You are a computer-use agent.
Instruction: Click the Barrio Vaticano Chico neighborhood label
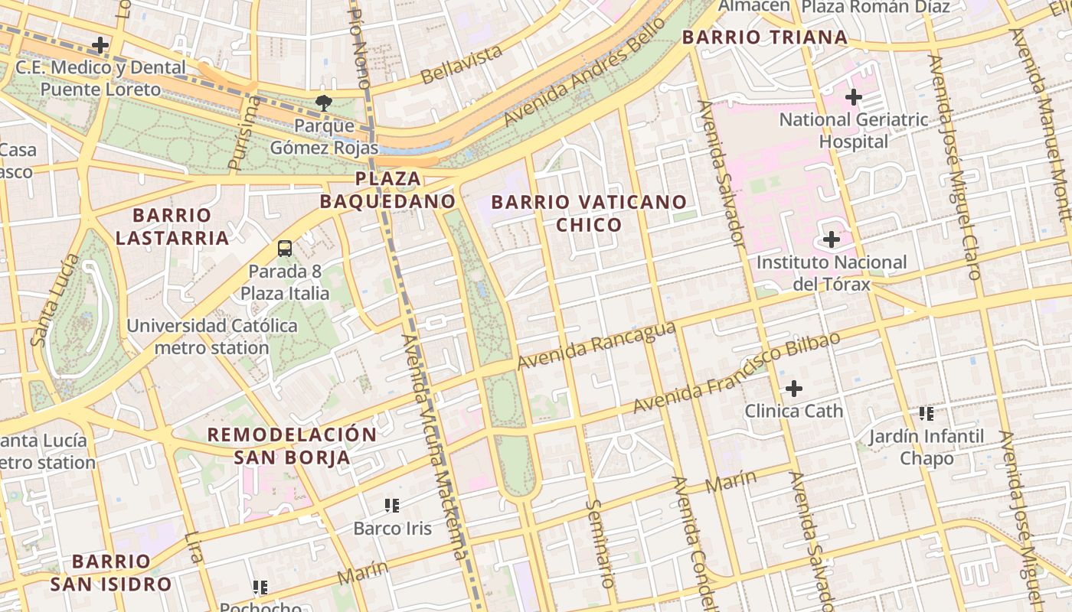click(x=589, y=213)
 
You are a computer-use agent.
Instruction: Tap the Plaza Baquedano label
click(x=387, y=190)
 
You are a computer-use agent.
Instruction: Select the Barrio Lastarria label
click(x=172, y=226)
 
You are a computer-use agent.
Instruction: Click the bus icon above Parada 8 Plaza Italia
click(x=285, y=249)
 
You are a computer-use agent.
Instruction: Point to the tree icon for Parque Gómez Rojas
click(x=324, y=103)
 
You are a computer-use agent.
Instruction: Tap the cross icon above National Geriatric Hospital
click(x=853, y=97)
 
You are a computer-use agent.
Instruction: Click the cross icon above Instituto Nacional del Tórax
click(x=831, y=240)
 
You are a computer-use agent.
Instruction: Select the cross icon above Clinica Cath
click(x=794, y=389)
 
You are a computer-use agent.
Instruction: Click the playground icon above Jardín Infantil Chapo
click(x=927, y=414)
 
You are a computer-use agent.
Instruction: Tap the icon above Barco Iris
click(x=392, y=505)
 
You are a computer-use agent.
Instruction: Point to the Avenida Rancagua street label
click(x=596, y=345)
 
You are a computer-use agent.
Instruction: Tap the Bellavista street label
click(x=462, y=63)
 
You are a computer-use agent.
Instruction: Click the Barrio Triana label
click(x=764, y=37)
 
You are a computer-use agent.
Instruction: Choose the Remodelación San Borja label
click(x=292, y=446)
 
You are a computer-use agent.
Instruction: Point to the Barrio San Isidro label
click(x=111, y=573)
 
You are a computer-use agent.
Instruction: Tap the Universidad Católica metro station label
click(x=212, y=337)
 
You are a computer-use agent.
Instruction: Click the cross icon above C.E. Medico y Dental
click(x=100, y=44)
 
